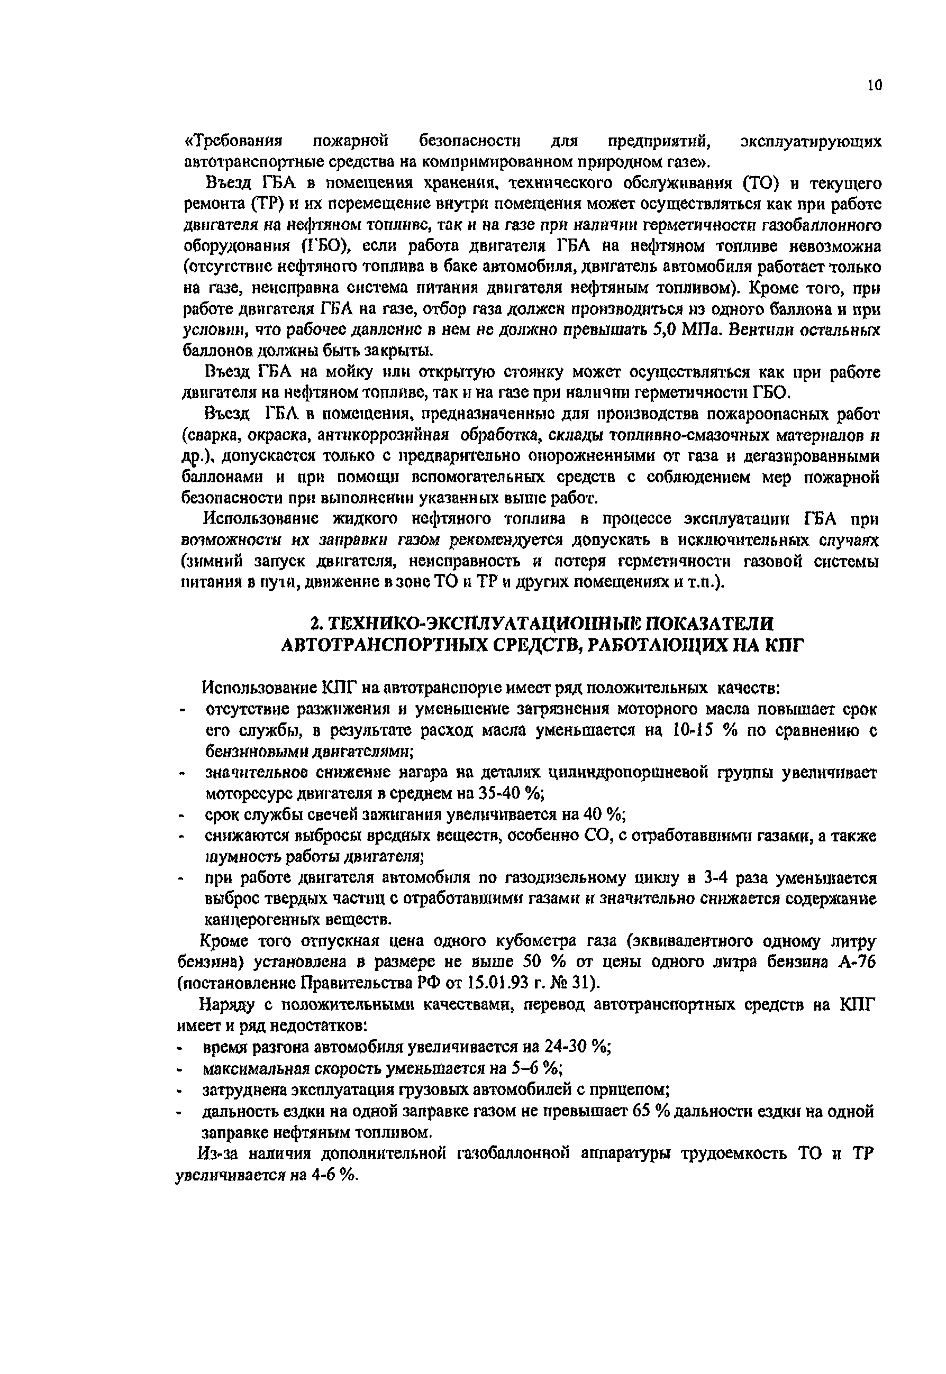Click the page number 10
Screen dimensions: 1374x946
click(x=874, y=85)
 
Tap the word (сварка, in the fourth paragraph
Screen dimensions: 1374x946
click(x=213, y=434)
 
